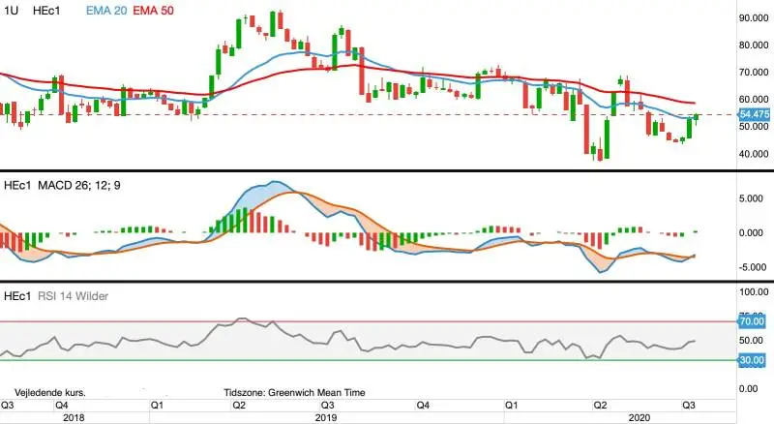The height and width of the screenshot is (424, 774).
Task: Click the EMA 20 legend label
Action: click(x=106, y=11)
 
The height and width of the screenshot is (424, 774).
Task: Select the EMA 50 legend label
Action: click(x=153, y=11)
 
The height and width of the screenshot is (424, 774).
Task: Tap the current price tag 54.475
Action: click(x=755, y=114)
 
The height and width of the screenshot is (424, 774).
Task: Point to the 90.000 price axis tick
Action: click(x=754, y=17)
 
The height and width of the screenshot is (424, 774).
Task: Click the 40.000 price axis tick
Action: click(x=754, y=154)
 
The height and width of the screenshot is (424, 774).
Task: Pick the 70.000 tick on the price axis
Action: click(x=754, y=73)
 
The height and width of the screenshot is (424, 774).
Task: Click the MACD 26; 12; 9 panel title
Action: click(x=79, y=185)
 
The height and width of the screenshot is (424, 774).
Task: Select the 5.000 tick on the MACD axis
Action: click(x=751, y=198)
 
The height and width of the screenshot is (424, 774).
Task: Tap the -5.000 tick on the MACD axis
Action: click(x=751, y=267)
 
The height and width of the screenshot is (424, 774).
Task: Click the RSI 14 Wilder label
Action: click(x=74, y=296)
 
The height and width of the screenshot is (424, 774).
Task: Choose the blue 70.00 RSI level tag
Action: click(x=752, y=321)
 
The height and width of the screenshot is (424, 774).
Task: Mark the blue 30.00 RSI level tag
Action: click(x=752, y=360)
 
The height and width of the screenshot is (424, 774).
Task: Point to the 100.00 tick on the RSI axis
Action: click(x=754, y=292)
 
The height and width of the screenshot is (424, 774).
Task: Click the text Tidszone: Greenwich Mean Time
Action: click(x=294, y=393)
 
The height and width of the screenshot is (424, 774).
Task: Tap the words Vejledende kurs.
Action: click(x=50, y=393)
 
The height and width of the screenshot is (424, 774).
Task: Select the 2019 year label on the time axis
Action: click(x=326, y=417)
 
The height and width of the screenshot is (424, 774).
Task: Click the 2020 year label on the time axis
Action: click(x=640, y=417)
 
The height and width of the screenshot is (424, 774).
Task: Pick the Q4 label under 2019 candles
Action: click(x=423, y=406)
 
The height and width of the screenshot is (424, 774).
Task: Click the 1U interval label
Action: click(x=11, y=11)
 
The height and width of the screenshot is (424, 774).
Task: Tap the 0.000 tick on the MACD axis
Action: click(x=751, y=232)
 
